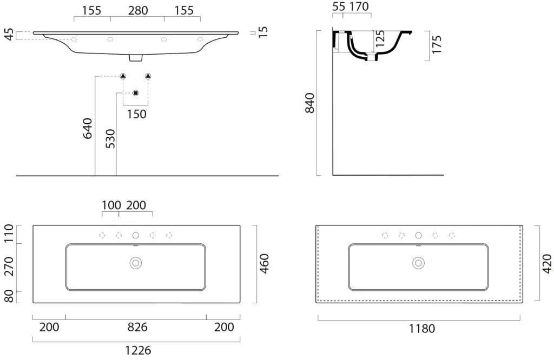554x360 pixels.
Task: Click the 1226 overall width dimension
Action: pos(138,350)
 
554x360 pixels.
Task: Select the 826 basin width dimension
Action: pos(137,327)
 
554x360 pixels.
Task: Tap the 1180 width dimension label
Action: pos(422,329)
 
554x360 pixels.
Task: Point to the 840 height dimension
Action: pos(309,103)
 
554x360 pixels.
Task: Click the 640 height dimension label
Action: pos(87,129)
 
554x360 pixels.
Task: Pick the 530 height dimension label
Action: pos(110,139)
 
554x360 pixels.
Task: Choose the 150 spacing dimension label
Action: pos(137,114)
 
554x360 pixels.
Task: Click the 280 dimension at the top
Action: pos(138,11)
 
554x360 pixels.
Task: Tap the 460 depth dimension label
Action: pos(264,264)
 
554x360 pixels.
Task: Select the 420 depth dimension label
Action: pos(546,264)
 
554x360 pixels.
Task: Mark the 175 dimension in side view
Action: pos(437,44)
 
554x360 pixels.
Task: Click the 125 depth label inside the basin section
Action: pos(380,39)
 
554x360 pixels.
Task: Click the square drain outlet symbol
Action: pos(136,93)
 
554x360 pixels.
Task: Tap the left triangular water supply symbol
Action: pos(123,76)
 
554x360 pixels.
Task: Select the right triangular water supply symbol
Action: pos(148,76)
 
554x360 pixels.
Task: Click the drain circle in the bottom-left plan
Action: pos(136,263)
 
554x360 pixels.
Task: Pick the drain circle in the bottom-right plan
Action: pos(419,263)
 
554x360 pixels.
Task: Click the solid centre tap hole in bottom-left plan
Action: pos(136,235)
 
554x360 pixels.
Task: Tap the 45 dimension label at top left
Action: pos(9,35)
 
